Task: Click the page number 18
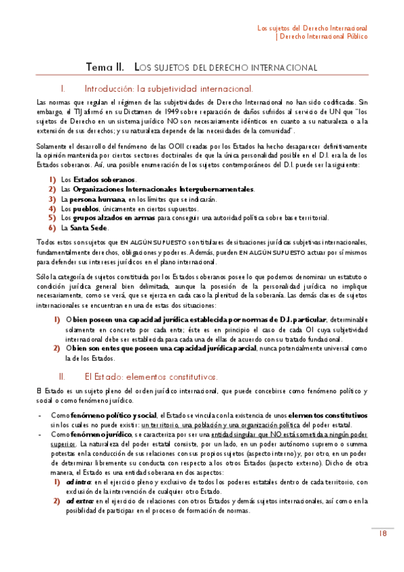pos(382,534)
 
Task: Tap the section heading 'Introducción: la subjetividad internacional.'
pos(169,88)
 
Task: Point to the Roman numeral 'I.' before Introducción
pos(63,88)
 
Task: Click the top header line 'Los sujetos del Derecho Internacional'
pos(313,28)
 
